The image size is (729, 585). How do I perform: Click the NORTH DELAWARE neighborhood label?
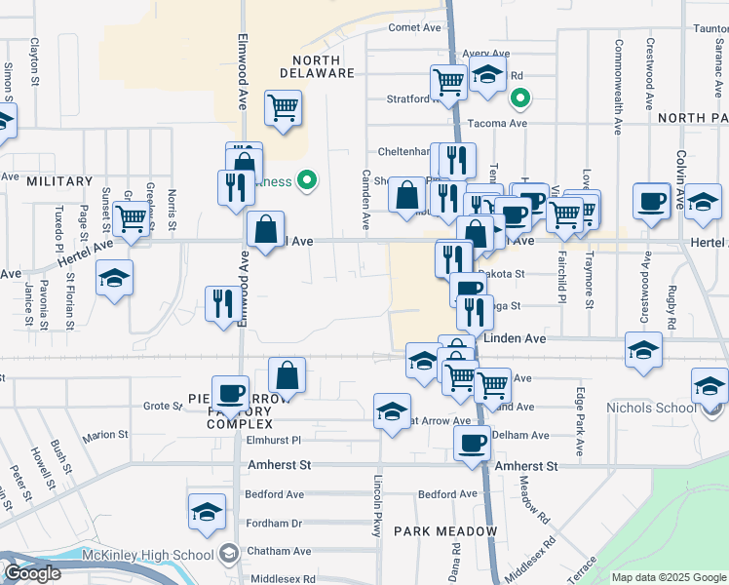click(x=317, y=65)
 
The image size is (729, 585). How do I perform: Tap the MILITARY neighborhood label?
click(x=59, y=181)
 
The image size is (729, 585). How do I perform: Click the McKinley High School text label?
click(x=161, y=556)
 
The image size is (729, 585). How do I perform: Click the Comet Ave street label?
click(x=415, y=27)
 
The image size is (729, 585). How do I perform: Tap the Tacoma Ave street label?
click(x=497, y=124)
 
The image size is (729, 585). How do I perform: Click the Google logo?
click(x=31, y=573)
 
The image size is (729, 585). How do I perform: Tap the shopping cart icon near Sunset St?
click(x=131, y=219)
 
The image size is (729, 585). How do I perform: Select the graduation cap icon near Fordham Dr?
click(x=208, y=512)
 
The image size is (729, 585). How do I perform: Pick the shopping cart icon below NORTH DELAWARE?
click(x=283, y=109)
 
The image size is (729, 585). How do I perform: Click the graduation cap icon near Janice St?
click(x=114, y=278)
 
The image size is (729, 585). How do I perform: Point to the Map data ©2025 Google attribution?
click(x=668, y=577)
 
